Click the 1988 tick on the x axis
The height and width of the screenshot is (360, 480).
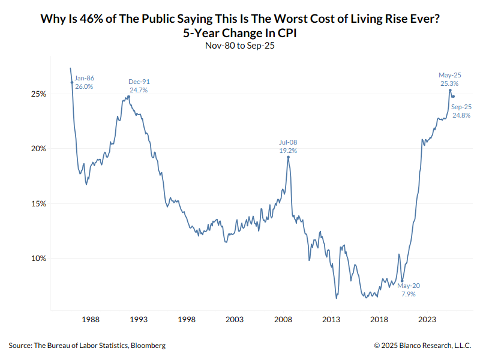[x=91, y=320]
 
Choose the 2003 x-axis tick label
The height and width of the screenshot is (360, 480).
[x=235, y=320]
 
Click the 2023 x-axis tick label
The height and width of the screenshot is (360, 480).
[x=427, y=320]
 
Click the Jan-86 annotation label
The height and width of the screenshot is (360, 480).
[x=85, y=78]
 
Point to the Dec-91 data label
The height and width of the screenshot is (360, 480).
[x=139, y=82]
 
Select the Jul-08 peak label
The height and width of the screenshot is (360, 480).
[x=288, y=142]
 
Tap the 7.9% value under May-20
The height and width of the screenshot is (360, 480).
[x=408, y=294]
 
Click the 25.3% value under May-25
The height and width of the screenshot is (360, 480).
[x=449, y=83]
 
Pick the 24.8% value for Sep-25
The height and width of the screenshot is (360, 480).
[x=461, y=115]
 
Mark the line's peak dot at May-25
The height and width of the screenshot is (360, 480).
[x=450, y=91]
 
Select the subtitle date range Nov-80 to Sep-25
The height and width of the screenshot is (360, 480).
[x=240, y=45]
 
